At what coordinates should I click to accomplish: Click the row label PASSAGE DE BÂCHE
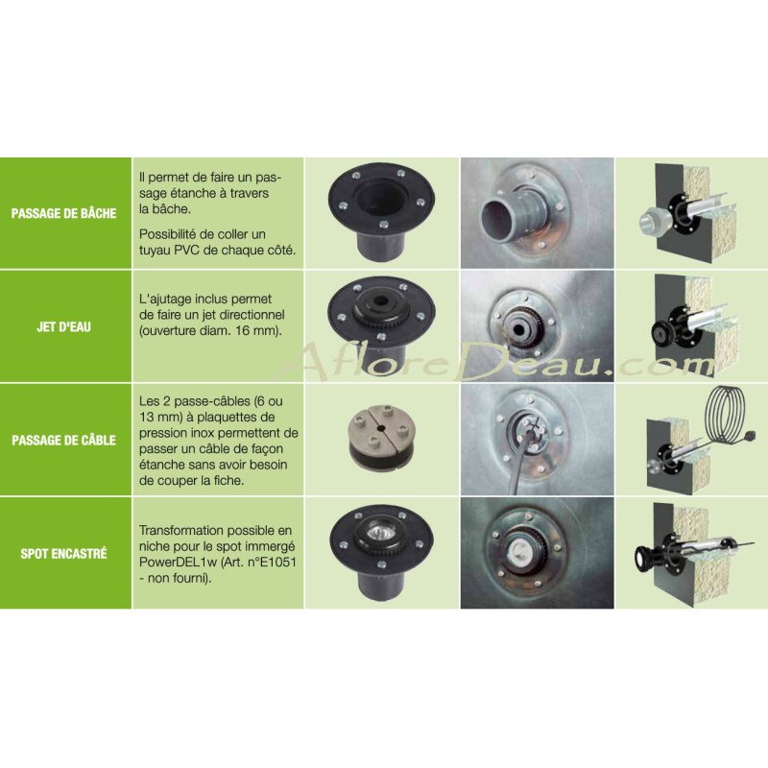click(x=63, y=213)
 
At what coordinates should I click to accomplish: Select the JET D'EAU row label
click(x=63, y=326)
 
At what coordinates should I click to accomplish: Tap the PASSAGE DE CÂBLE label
click(x=63, y=440)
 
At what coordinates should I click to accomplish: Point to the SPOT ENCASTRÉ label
click(x=63, y=554)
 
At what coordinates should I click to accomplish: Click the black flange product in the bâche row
click(x=381, y=211)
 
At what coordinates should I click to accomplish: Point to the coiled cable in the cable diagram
click(x=727, y=415)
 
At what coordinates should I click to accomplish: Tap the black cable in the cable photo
click(x=521, y=454)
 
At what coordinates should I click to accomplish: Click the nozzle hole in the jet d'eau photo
click(x=518, y=330)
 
